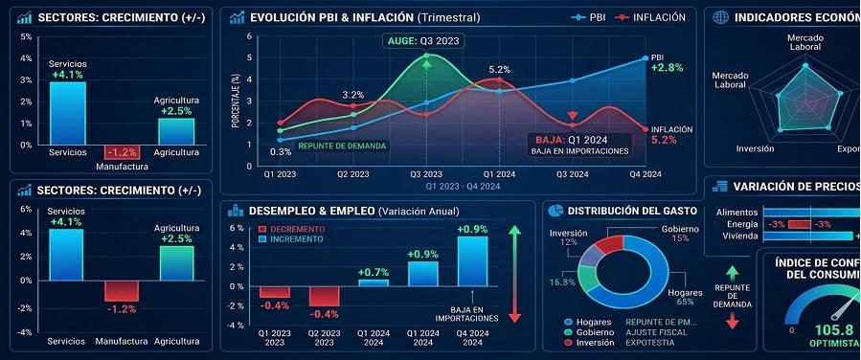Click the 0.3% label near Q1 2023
click(281, 152)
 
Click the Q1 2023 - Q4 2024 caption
click(464, 186)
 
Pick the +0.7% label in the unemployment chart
click(373, 273)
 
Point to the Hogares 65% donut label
click(685, 297)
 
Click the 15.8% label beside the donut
click(562, 282)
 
